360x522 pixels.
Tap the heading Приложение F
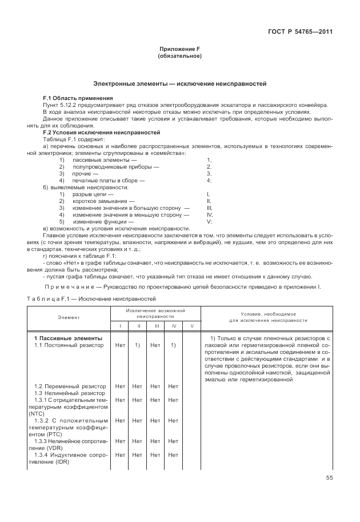click(179, 50)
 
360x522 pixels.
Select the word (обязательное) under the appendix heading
click(179, 57)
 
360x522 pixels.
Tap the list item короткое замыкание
click(103, 201)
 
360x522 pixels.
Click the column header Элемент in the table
click(69, 317)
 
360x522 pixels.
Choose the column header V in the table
click(192, 325)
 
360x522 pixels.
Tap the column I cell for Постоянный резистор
click(120, 345)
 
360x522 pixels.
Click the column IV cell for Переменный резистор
click(174, 386)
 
